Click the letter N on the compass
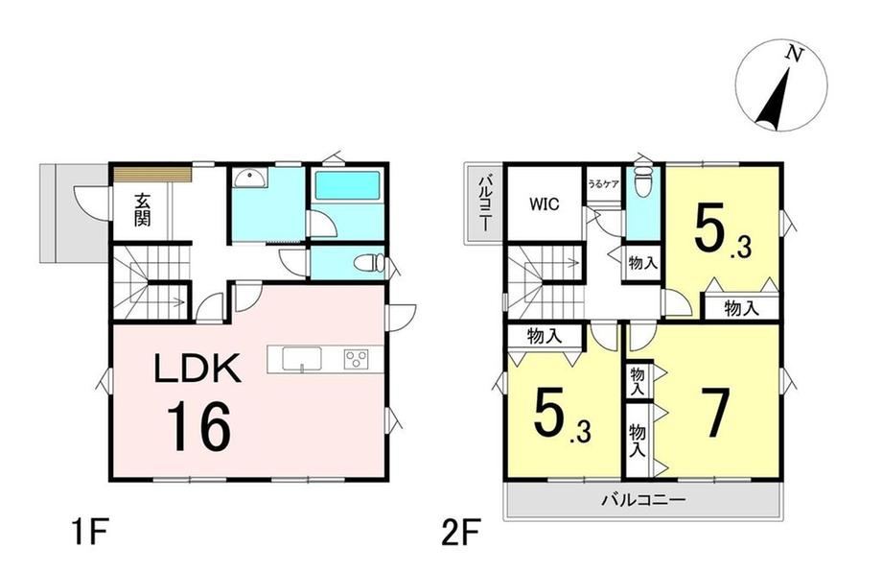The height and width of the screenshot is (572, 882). [x=794, y=54]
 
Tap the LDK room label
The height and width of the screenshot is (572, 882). [x=197, y=368]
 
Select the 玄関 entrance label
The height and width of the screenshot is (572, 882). [x=142, y=209]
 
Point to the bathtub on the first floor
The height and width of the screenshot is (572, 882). [x=348, y=185]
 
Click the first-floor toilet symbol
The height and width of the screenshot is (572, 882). [x=368, y=263]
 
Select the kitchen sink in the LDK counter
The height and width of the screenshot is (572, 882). [x=302, y=359]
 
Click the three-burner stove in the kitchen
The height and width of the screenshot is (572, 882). [x=356, y=359]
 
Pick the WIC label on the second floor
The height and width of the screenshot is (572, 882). [x=545, y=203]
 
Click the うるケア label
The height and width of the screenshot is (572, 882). [x=604, y=184]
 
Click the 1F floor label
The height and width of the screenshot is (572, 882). [x=89, y=534]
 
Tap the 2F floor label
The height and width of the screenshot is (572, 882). [x=461, y=534]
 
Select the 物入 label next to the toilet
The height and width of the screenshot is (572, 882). [x=643, y=262]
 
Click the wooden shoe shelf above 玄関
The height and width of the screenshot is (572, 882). [x=153, y=173]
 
